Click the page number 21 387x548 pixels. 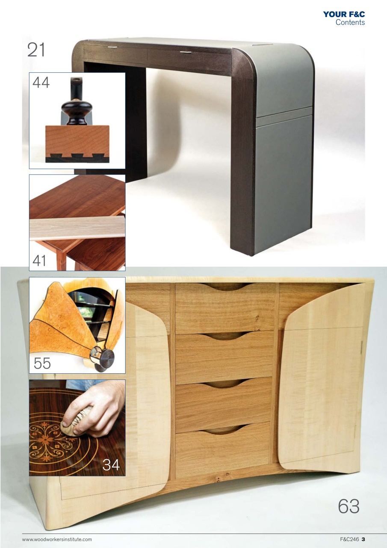[36, 50]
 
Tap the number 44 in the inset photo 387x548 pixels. [41, 82]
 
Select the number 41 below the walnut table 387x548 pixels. [39, 260]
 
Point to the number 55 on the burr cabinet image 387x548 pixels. [42, 363]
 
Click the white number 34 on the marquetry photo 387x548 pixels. [111, 464]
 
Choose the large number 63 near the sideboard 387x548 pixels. [349, 506]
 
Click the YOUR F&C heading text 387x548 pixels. [344, 15]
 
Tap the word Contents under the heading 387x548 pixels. [350, 23]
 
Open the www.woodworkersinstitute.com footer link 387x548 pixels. [57, 539]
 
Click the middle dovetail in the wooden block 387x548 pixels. [78, 156]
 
